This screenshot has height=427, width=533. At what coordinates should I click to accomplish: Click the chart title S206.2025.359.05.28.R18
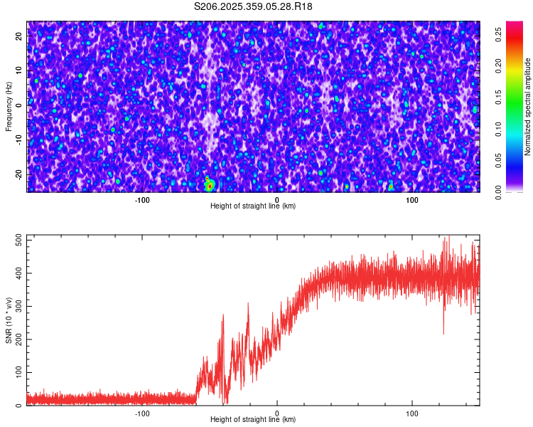click(253, 6)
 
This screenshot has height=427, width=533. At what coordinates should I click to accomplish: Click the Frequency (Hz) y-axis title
click(9, 107)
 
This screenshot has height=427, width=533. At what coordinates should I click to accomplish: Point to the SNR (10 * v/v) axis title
click(9, 320)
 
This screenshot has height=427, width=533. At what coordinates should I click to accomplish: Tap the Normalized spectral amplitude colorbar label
click(528, 107)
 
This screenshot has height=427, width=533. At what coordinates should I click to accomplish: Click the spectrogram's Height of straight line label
click(253, 206)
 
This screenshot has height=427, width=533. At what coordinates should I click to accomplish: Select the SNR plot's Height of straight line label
click(253, 419)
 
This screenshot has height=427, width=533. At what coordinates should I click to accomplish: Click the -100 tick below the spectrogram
click(142, 199)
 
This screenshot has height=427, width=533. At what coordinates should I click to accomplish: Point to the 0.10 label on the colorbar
click(499, 130)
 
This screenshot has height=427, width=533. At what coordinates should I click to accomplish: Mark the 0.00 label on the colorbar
click(499, 191)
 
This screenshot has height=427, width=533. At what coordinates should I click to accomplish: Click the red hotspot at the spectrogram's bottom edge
click(209, 186)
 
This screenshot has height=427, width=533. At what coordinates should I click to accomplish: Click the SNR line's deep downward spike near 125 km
click(444, 332)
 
